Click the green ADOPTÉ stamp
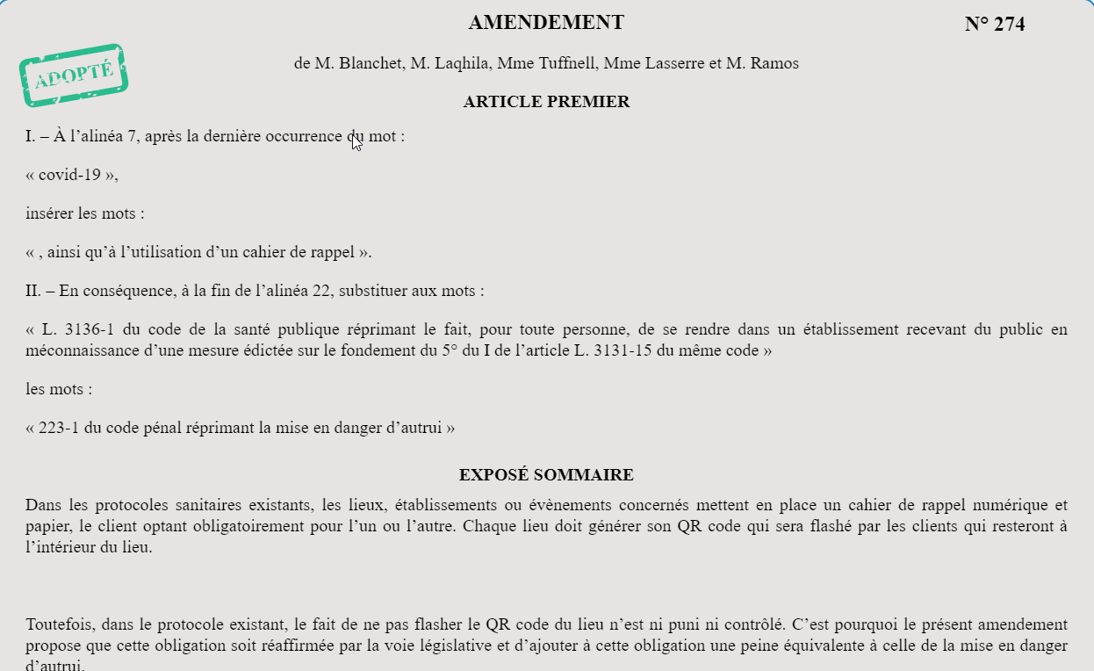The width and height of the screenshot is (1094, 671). (x=74, y=76)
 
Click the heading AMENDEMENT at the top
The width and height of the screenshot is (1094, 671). (x=546, y=23)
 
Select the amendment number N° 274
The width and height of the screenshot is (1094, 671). (x=994, y=25)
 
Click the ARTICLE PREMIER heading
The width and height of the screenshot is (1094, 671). (x=546, y=102)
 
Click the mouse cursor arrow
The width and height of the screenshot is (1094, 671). (x=356, y=141)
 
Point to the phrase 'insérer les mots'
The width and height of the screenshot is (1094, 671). (x=84, y=213)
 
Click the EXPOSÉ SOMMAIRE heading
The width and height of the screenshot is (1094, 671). (x=546, y=475)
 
